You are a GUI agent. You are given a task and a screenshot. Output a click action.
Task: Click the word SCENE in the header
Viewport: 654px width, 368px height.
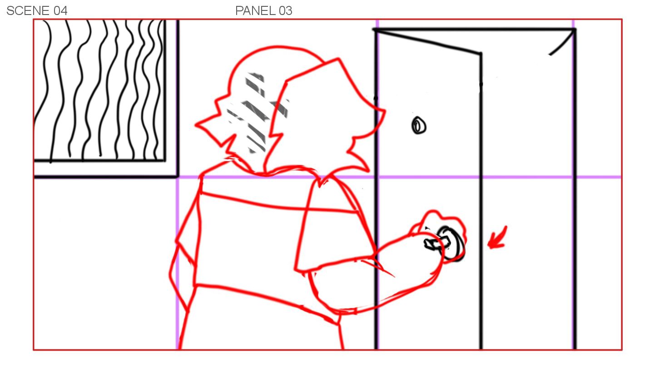[28, 11]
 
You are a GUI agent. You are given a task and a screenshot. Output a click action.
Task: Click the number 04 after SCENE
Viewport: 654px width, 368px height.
[60, 11]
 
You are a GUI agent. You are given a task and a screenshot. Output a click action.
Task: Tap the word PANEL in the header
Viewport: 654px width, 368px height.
[255, 11]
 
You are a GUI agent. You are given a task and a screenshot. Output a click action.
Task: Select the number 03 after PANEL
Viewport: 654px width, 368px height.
[285, 11]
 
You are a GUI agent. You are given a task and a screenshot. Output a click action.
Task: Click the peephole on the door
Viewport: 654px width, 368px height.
[419, 125]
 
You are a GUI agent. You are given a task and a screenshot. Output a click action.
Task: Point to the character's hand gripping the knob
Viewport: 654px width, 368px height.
[438, 234]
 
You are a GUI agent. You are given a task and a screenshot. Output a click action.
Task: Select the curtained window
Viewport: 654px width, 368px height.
[99, 90]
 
